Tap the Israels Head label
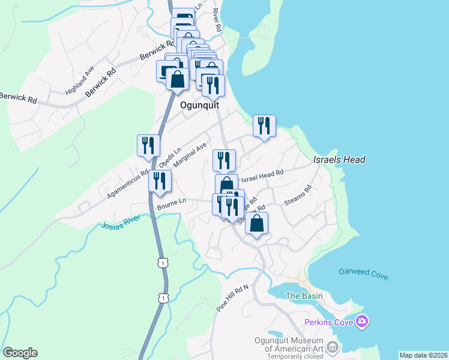339,160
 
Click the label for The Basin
304,296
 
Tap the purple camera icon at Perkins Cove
361,322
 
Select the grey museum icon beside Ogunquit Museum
333,347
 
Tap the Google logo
20,353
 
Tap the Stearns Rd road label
298,196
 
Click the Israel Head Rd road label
262,175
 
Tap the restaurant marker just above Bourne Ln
160,181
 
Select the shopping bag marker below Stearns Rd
256,224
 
